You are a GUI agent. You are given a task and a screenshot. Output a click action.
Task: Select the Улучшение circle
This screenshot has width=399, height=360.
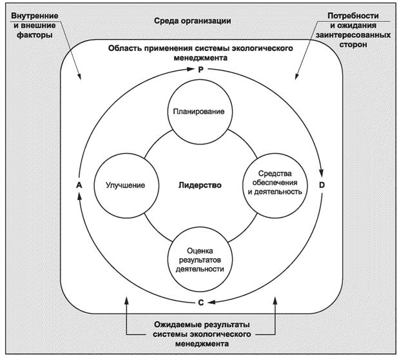point(124,185)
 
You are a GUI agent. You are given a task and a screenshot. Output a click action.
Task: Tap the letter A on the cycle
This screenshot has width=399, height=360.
point(78,186)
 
